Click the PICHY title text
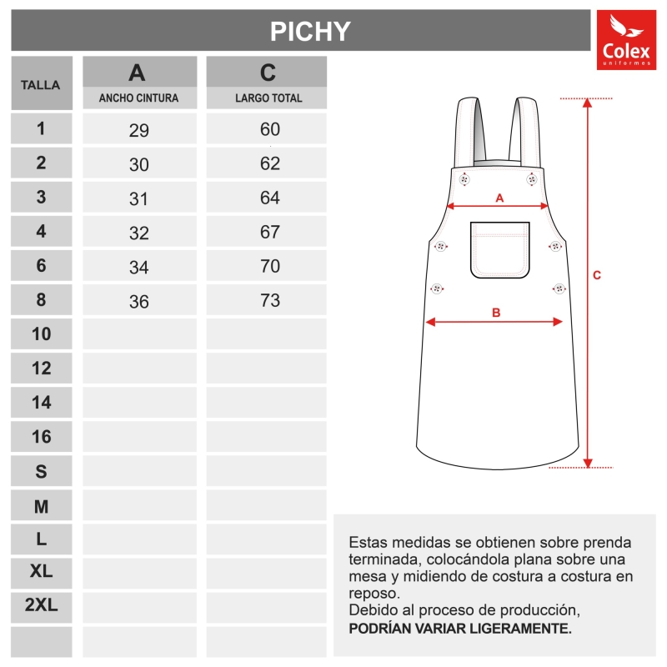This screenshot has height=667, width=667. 310,31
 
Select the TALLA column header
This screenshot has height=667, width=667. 41,85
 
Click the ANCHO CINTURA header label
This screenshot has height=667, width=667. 138,98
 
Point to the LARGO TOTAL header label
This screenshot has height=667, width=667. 268,98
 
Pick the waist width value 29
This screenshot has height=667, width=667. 138,130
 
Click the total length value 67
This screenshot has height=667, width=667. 269,233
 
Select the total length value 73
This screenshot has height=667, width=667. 269,301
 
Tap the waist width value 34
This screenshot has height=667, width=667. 138,268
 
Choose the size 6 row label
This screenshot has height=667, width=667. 41,266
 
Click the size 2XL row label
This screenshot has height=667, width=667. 41,606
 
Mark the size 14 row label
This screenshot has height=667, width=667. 41,403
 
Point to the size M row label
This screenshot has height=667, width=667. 41,506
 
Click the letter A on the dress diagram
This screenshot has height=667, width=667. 499,198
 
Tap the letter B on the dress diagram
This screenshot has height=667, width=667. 495,313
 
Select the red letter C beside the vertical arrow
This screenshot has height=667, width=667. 597,275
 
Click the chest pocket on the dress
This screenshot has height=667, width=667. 500,249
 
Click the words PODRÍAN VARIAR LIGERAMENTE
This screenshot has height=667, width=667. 460,628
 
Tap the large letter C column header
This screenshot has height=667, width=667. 268,73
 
